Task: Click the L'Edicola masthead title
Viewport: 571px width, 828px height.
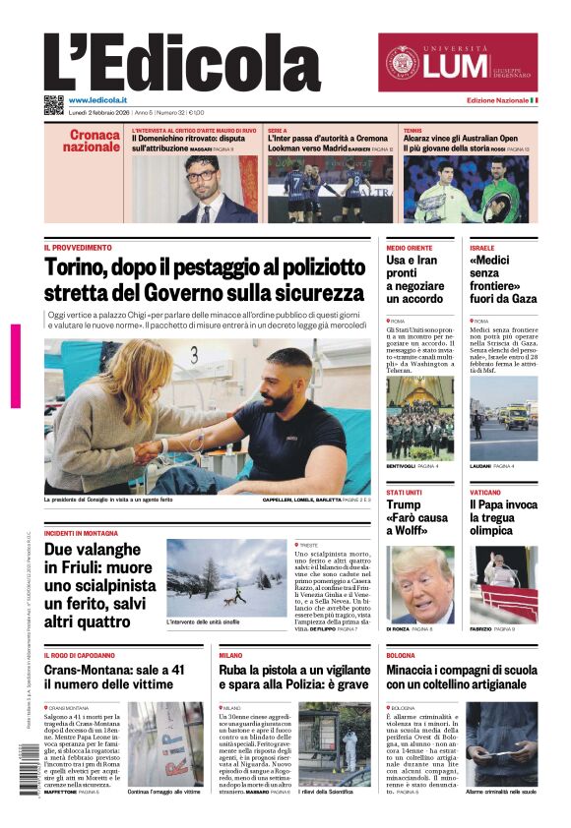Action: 182,62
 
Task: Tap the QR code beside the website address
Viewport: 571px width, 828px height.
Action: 53,104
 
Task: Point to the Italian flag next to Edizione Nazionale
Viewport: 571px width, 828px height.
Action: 534,100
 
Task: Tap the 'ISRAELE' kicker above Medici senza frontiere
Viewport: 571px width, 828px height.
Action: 482,248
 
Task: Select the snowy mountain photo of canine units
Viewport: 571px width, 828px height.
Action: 225,577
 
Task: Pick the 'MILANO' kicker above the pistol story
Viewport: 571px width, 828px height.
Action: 230,654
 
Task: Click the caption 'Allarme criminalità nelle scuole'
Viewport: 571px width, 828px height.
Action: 501,792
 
